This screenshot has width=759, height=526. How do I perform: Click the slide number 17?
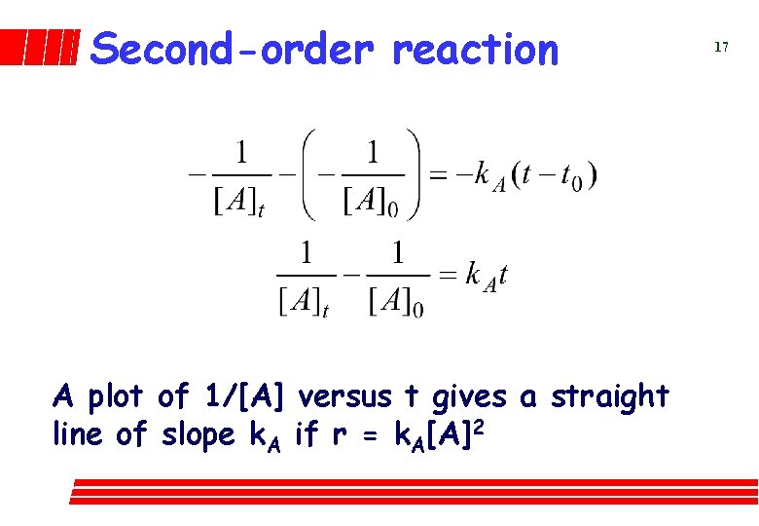pyautogui.click(x=721, y=47)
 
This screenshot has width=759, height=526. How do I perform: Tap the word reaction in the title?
pyautogui.click(x=475, y=49)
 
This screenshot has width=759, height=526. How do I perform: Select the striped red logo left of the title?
pyautogui.click(x=39, y=47)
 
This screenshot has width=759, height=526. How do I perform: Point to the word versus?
pyautogui.click(x=346, y=397)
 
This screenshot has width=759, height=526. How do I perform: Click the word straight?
pyautogui.click(x=610, y=397)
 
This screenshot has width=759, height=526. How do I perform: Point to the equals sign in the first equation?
pyautogui.click(x=438, y=176)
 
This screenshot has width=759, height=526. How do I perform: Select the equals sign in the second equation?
pyautogui.click(x=448, y=276)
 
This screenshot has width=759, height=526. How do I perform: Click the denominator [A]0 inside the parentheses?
pyautogui.click(x=372, y=202)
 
